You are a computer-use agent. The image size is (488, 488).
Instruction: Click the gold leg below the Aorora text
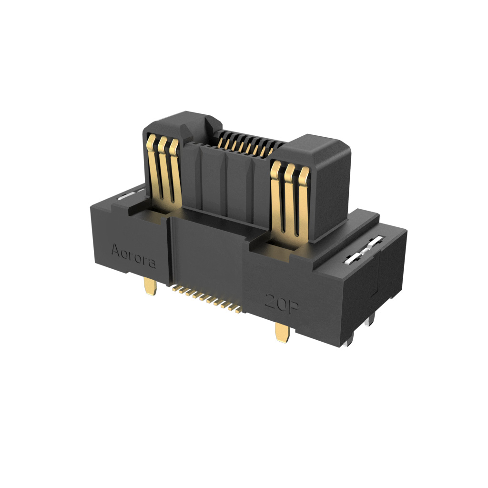click(151, 286)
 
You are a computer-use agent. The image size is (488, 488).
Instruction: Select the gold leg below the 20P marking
click(283, 332)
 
